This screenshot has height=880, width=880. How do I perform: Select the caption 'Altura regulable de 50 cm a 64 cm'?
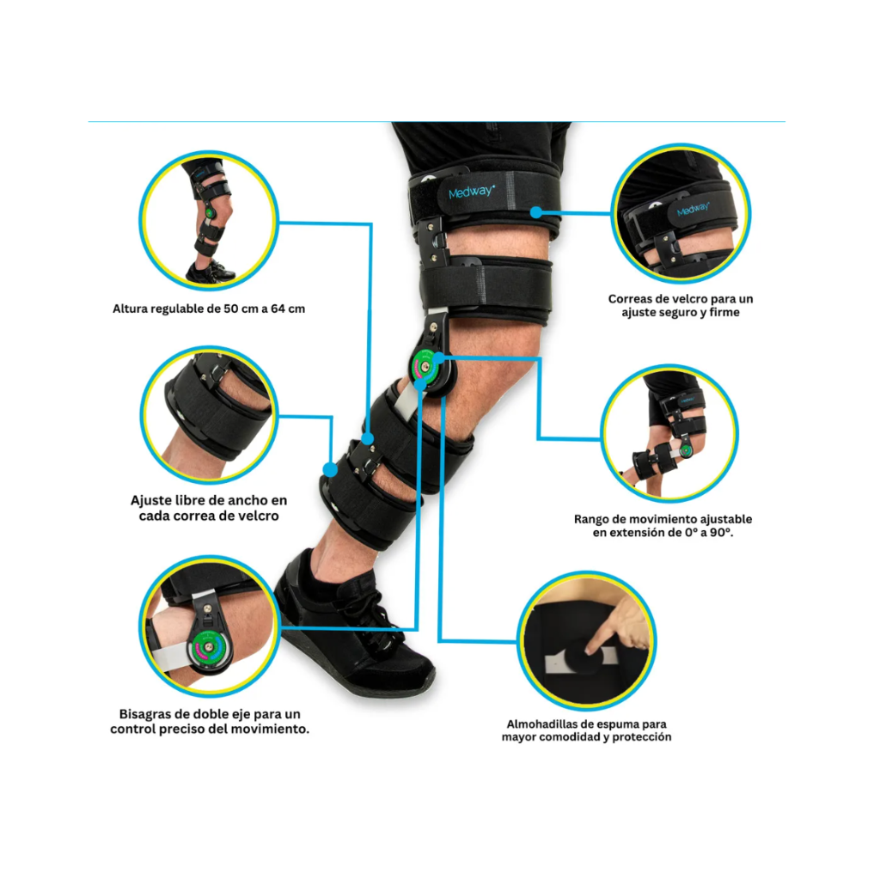tap(209, 309)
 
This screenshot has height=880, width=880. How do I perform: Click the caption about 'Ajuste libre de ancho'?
tap(209, 508)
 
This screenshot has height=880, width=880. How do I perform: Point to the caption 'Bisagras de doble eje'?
tap(210, 722)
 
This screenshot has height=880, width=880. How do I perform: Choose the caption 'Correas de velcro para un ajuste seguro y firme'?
tap(681, 305)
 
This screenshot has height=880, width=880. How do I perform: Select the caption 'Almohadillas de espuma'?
tap(586, 730)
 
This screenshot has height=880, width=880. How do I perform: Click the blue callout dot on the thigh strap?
tap(536, 212)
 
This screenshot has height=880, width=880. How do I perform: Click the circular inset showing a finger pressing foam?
tap(586, 641)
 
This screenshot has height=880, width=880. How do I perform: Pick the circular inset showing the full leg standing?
tap(209, 220)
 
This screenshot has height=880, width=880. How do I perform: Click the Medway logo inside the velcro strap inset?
tap(694, 210)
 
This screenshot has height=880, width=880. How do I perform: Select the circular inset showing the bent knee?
tap(669, 433)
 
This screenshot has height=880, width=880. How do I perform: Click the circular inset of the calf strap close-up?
tap(209, 415)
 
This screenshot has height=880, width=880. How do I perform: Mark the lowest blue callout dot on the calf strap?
tap(331, 470)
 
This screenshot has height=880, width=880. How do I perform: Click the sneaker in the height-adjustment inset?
tap(210, 272)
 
